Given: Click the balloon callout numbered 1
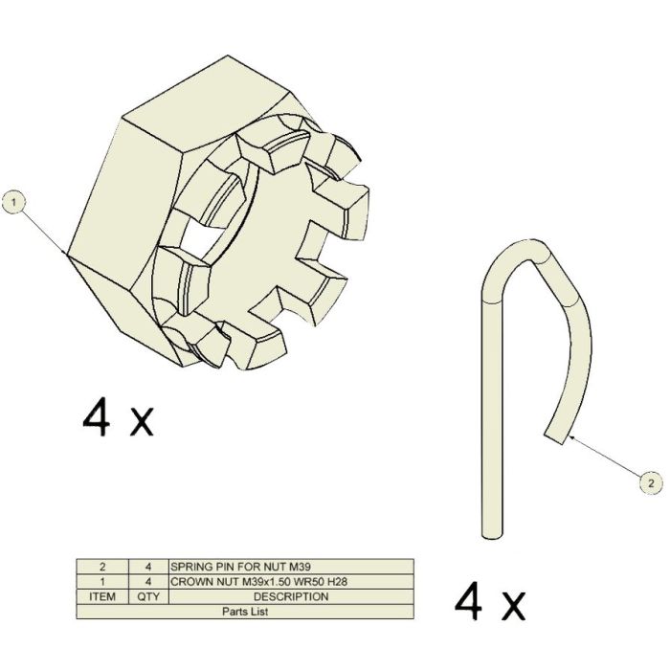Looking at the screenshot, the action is click(x=14, y=203).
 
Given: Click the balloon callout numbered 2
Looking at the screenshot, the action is click(x=651, y=483).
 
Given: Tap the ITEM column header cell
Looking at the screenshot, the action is click(x=102, y=596).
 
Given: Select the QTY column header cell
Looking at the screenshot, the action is click(x=148, y=596).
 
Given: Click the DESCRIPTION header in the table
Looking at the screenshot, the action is click(x=291, y=596).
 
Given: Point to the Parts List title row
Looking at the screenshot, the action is click(x=245, y=612).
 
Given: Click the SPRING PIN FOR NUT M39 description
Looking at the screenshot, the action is click(x=240, y=567).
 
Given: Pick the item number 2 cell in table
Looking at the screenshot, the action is click(x=102, y=567).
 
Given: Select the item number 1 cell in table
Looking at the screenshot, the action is click(x=102, y=582).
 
